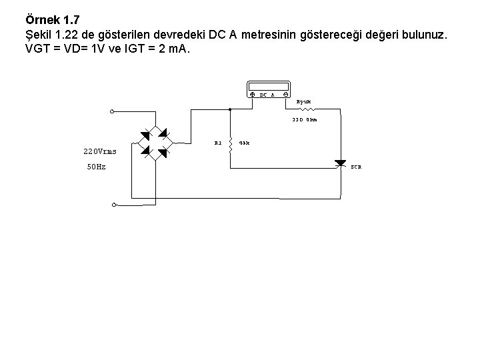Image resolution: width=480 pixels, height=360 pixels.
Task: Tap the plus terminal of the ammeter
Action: (x=251, y=95)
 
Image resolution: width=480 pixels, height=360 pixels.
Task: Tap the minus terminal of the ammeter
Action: (x=285, y=95)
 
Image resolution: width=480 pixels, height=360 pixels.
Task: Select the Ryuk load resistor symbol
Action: (x=306, y=109)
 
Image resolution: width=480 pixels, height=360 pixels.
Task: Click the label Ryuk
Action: (x=304, y=102)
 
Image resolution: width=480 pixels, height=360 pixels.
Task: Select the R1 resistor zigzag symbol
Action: (x=230, y=145)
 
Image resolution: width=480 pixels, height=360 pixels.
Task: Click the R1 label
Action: (x=218, y=142)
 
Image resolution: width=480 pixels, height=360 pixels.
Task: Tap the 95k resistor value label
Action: (x=244, y=142)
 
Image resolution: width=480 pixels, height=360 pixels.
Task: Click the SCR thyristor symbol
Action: (x=341, y=163)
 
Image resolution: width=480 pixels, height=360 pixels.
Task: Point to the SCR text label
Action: (x=357, y=167)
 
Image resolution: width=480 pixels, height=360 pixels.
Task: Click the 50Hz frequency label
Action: (x=96, y=167)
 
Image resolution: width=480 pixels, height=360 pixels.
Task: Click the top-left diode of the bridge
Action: (x=146, y=136)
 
